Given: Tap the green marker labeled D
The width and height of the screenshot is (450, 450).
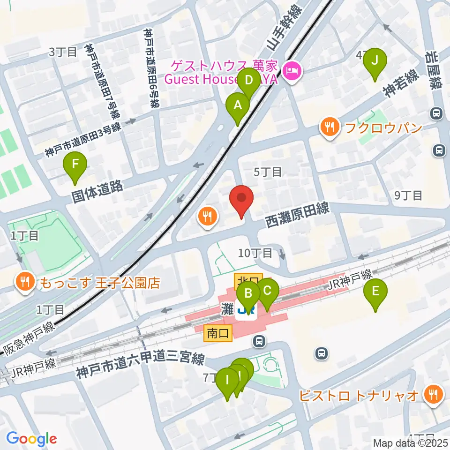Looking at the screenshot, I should point(249,80).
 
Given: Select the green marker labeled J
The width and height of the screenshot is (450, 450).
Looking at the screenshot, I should point(374,61).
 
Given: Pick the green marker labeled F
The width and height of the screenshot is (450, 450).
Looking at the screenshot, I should point(75,165).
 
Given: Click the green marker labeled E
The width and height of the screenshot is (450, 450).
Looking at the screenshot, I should point(375,292).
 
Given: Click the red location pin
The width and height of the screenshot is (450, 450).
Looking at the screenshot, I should point(241,199).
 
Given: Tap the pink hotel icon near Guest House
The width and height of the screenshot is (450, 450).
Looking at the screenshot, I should point(292,72).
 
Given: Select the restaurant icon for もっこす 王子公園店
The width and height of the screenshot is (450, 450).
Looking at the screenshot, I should point(24,282).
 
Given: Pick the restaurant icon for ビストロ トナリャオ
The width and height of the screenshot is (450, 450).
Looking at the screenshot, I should point(432,395).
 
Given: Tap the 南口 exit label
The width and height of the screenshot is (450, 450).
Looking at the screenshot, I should point(218,333).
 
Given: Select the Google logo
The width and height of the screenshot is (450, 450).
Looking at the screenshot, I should point(31,439).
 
